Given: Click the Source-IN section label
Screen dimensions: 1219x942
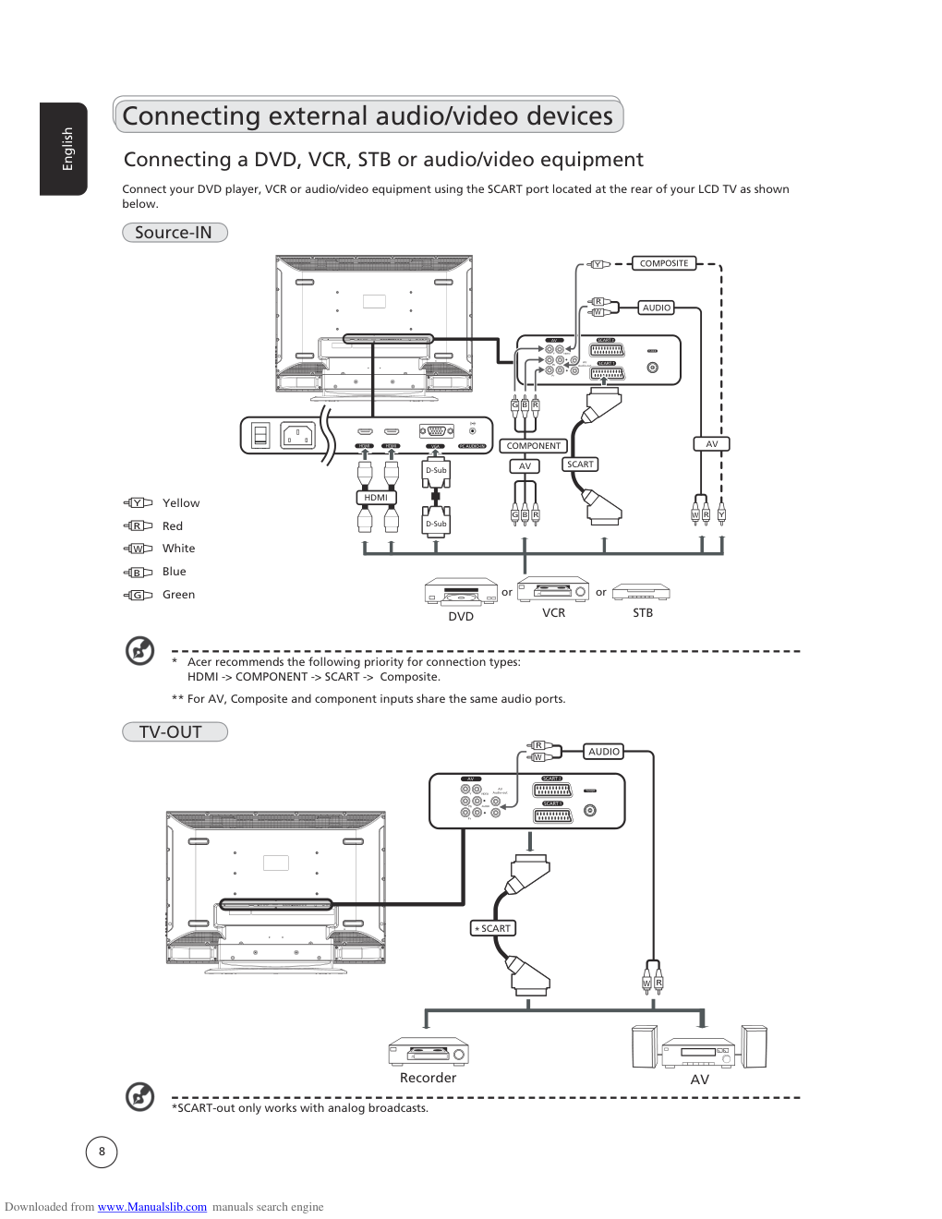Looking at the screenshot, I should coord(174,233).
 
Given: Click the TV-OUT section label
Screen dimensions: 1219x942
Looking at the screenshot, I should coord(174,732).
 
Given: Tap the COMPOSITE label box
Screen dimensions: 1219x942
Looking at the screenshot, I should coord(664,263).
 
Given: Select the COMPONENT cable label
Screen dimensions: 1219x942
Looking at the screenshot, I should coord(533,446).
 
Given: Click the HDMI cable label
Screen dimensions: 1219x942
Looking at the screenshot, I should coord(376,498).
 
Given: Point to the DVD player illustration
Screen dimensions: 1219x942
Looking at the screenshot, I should coord(461,592).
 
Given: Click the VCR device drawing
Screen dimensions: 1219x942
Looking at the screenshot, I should coord(553,590).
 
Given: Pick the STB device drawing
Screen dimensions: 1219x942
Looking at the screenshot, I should coord(641,592).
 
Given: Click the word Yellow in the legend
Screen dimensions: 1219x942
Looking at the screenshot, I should coord(181,503).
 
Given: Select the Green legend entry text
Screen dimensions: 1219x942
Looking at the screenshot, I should coord(178,595).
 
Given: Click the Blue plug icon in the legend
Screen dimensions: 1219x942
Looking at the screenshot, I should coord(138,573).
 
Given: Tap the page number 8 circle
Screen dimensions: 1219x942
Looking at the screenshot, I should coord(102,1152).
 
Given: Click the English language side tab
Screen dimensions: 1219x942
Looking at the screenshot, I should coord(65,149).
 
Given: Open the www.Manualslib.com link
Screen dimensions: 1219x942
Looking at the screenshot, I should coord(152,1207).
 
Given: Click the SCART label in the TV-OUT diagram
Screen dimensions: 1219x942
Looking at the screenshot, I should coord(493,928).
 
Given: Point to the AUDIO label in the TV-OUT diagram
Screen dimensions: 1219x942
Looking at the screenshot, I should coord(604,752).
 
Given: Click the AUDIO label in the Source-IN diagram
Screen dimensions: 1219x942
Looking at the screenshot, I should coord(657,308).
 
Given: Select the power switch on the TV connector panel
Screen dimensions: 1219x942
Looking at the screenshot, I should coord(260,435).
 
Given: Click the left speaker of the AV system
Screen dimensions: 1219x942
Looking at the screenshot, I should coord(645,1047).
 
